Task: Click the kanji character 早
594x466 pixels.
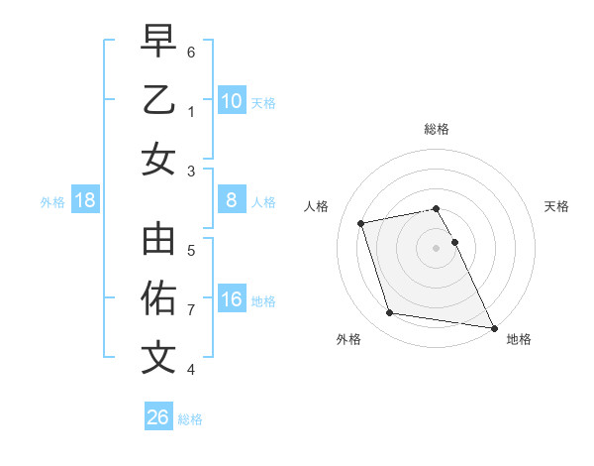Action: (158, 41)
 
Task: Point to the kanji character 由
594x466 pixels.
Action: (158, 240)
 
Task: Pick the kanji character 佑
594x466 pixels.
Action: (158, 297)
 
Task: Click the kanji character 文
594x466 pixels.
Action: (158, 358)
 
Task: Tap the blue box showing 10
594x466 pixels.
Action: (232, 100)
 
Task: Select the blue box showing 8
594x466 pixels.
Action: (232, 201)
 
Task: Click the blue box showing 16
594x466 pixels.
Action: (232, 300)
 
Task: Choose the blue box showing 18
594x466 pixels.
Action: (85, 201)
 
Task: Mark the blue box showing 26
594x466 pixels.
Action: (158, 417)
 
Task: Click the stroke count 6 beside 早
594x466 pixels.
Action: (191, 51)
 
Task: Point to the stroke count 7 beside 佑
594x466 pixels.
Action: (191, 310)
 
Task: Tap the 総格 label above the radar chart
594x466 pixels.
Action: (437, 129)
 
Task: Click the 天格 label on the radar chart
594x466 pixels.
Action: (557, 206)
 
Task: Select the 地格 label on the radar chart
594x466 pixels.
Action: (519, 339)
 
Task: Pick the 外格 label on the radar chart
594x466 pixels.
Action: (348, 339)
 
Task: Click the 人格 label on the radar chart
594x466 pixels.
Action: (317, 206)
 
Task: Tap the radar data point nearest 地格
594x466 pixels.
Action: (492, 326)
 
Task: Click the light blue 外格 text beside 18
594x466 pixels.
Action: (52, 202)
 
